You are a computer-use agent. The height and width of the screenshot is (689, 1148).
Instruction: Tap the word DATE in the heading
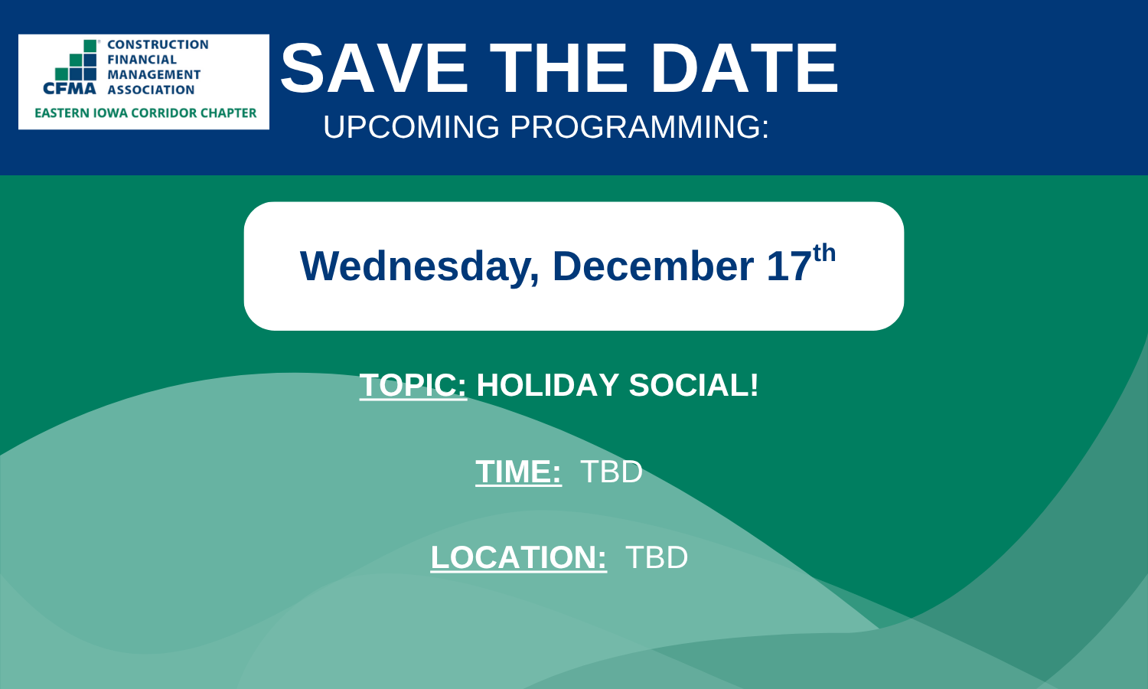pyautogui.click(x=744, y=68)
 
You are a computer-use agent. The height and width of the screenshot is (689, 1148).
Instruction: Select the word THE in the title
pyautogui.click(x=559, y=68)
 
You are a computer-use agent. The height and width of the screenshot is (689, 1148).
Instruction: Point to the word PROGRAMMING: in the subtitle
pyautogui.click(x=640, y=126)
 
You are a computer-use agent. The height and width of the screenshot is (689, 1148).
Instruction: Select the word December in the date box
pyautogui.click(x=653, y=266)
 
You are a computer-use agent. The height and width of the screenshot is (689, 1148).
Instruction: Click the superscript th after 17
pyautogui.click(x=824, y=253)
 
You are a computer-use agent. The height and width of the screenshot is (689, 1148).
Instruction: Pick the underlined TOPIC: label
pyautogui.click(x=413, y=385)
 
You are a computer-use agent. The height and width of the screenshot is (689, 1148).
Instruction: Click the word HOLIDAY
pyautogui.click(x=547, y=385)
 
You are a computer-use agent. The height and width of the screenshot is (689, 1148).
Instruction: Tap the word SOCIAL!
pyautogui.click(x=693, y=385)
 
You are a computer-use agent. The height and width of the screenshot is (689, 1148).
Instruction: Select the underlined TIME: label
pyautogui.click(x=518, y=472)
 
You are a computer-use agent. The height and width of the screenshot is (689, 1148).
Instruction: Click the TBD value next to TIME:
pyautogui.click(x=612, y=472)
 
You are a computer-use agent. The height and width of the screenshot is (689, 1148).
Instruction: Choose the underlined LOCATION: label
pyautogui.click(x=519, y=557)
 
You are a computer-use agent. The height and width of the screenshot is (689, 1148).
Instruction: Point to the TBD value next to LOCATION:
pyautogui.click(x=657, y=557)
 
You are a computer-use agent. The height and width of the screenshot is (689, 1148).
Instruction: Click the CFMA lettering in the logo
pyautogui.click(x=70, y=89)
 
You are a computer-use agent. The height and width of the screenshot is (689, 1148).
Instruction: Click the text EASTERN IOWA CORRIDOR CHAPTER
pyautogui.click(x=145, y=113)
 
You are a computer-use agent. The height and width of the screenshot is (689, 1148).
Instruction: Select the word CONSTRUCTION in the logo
pyautogui.click(x=158, y=44)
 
